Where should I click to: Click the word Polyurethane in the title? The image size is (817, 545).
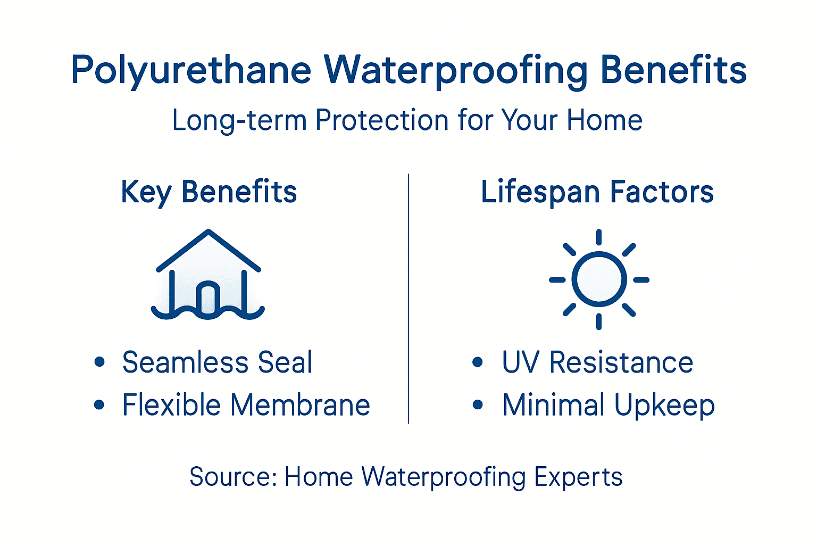[x=191, y=70]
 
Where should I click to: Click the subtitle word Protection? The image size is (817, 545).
[x=382, y=120]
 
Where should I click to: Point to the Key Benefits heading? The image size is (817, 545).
[x=209, y=192]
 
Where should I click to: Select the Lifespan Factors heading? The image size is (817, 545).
[x=597, y=192]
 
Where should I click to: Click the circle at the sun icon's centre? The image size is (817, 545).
[x=599, y=279]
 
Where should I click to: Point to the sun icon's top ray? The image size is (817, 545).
[x=599, y=237]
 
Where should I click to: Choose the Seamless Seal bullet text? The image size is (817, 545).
[x=217, y=362]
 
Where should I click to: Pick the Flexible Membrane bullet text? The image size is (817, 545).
[x=246, y=405]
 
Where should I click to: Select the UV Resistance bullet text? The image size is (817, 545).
[x=597, y=362]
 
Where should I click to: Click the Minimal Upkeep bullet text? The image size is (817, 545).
[x=608, y=406]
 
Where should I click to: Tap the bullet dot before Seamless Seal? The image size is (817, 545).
[x=99, y=362]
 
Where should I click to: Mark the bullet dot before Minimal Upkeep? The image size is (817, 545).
[x=478, y=405]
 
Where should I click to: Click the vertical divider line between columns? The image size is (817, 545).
[x=408, y=298]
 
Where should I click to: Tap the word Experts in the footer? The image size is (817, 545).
[x=578, y=477]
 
